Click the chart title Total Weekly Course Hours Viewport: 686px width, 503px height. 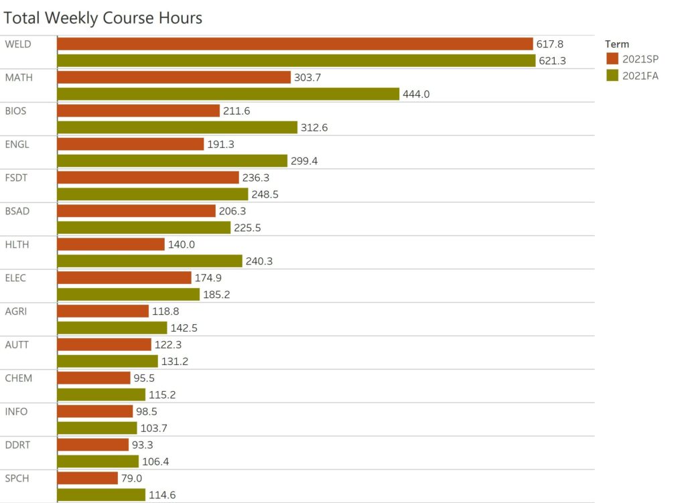coord(103,18)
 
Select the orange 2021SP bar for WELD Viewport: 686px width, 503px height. coord(295,44)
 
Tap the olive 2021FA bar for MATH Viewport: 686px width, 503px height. coord(228,94)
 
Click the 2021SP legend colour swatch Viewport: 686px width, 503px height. coord(612,58)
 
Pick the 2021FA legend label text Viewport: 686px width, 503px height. coord(640,76)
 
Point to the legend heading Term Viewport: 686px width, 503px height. coord(617,44)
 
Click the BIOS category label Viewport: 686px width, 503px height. coord(16,111)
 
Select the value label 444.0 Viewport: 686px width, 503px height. coord(416,94)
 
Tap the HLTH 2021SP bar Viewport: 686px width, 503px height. coord(111,244)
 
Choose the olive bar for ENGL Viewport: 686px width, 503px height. coord(172,161)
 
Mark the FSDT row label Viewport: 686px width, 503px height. coord(17,177)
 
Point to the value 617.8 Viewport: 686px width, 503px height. coord(550,44)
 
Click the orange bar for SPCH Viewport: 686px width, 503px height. coord(88,478)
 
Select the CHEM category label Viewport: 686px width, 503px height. coord(19,378)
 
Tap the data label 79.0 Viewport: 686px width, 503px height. coord(131,479)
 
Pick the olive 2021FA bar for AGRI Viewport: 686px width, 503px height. coord(113,328)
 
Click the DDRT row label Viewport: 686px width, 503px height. coord(17,445)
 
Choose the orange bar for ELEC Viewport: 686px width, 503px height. coord(125,278)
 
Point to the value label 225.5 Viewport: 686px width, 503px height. coord(247,228)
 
